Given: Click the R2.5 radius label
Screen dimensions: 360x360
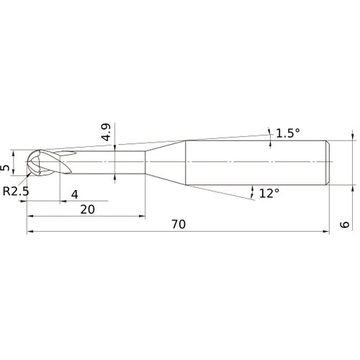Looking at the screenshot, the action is pyautogui.click(x=16, y=192).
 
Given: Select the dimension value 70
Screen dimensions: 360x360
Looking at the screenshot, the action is pyautogui.click(x=179, y=224).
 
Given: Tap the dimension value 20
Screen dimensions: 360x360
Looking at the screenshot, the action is pyautogui.click(x=87, y=210).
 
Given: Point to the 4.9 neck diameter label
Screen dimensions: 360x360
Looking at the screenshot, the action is pyautogui.click(x=106, y=132).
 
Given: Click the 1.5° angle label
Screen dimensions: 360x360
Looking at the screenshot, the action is pyautogui.click(x=288, y=133).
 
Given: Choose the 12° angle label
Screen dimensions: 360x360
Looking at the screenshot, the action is pyautogui.click(x=269, y=193).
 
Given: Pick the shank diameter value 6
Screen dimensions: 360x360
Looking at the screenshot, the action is pyautogui.click(x=345, y=225).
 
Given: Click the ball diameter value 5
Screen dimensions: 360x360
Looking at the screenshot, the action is pyautogui.click(x=5, y=168).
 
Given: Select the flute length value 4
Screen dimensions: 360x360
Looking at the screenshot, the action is pyautogui.click(x=75, y=194).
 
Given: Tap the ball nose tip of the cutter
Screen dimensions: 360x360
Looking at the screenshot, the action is pyautogui.click(x=27, y=162).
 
